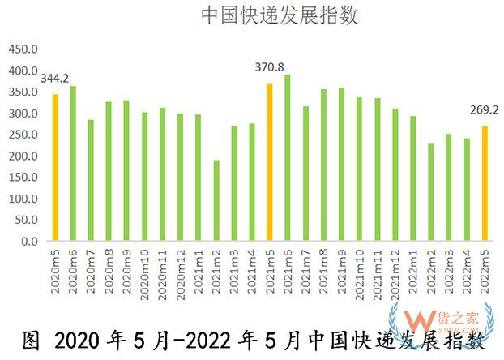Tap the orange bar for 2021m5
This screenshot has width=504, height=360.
point(270,162)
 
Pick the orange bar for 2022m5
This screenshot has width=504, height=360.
point(485,184)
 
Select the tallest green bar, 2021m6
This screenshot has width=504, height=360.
point(288,158)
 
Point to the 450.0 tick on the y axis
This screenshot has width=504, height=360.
point(23,49)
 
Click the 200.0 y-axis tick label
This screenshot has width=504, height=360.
point(23,156)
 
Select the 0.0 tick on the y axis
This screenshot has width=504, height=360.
point(29,242)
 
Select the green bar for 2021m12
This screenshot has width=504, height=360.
point(395,175)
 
